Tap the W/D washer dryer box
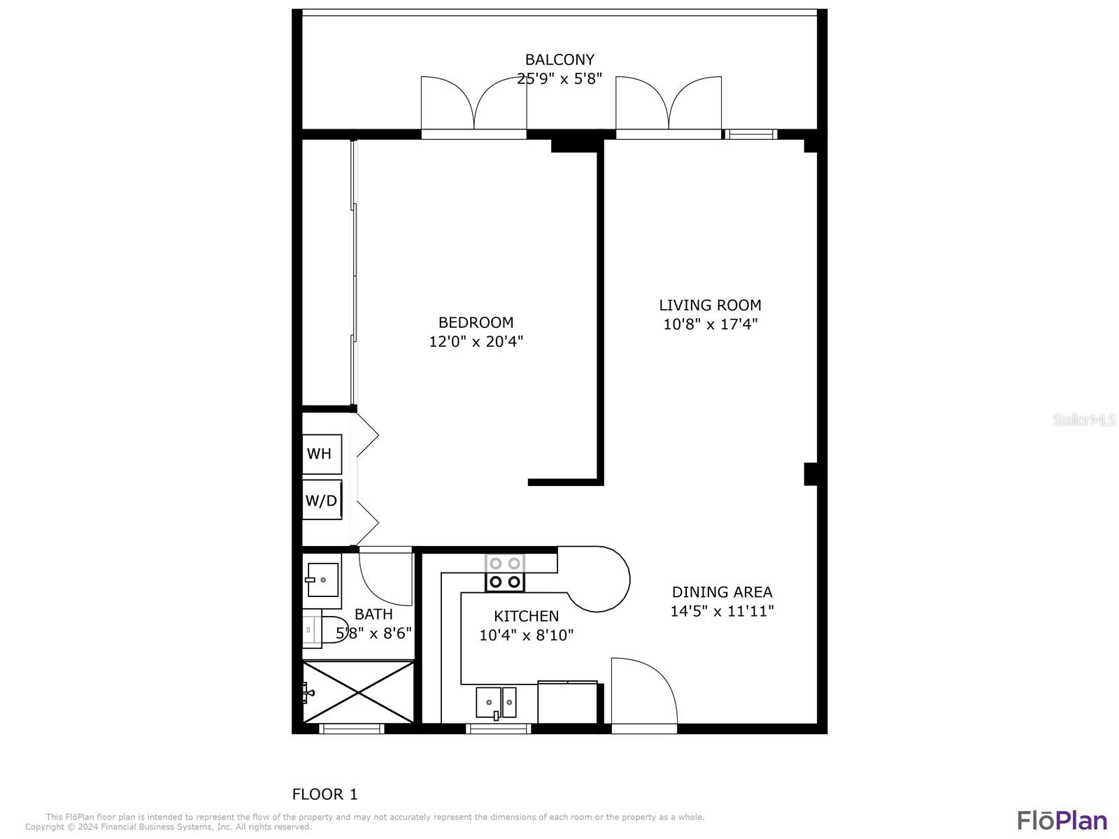(322, 500)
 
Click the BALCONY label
(559, 59)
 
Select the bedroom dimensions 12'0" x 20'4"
(476, 341)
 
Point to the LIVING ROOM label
(710, 305)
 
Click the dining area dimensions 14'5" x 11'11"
(722, 610)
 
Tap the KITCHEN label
(526, 616)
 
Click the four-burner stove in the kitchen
(505, 573)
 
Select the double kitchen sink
(496, 702)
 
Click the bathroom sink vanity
(322, 580)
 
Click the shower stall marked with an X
(359, 692)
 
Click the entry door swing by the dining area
(643, 692)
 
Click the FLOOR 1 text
(325, 794)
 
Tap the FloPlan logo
(1062, 819)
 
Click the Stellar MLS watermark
(1084, 419)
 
